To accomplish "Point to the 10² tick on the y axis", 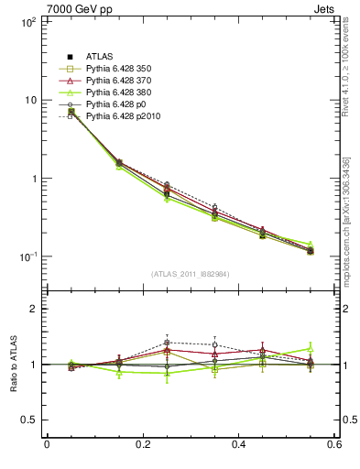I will coord(27,21).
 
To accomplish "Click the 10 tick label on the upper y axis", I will coord(30,100).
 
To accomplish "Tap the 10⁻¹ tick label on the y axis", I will coord(27,256).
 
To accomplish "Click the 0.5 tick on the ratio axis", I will coord(30,420).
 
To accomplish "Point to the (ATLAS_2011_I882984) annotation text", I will coord(190,274).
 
